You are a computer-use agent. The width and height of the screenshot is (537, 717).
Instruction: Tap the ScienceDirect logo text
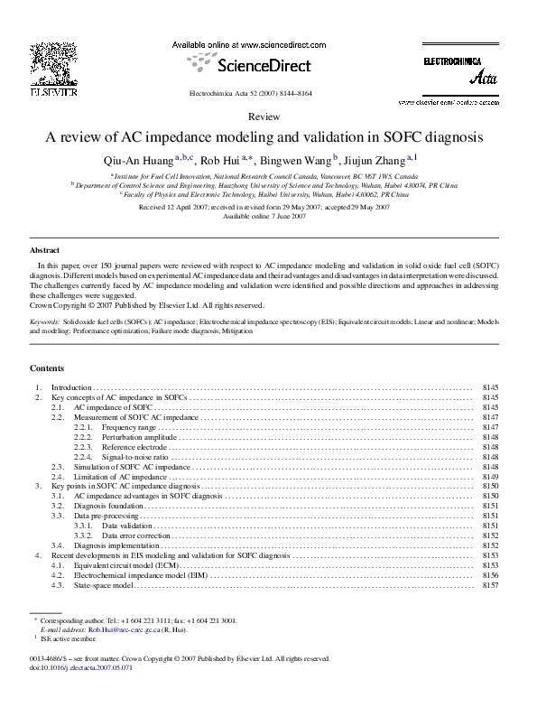point(262,65)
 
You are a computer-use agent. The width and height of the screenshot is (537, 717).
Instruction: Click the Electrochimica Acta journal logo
point(460,70)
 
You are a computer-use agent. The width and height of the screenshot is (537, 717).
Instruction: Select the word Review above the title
point(263,117)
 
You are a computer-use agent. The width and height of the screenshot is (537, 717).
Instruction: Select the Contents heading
point(47,368)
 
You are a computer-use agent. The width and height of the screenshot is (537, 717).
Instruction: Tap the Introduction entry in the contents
point(71,386)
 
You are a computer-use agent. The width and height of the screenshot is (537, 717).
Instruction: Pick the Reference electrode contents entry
point(133,447)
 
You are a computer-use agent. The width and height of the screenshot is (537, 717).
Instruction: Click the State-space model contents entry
point(104,585)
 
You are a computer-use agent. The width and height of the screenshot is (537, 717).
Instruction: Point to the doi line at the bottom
point(81,669)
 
